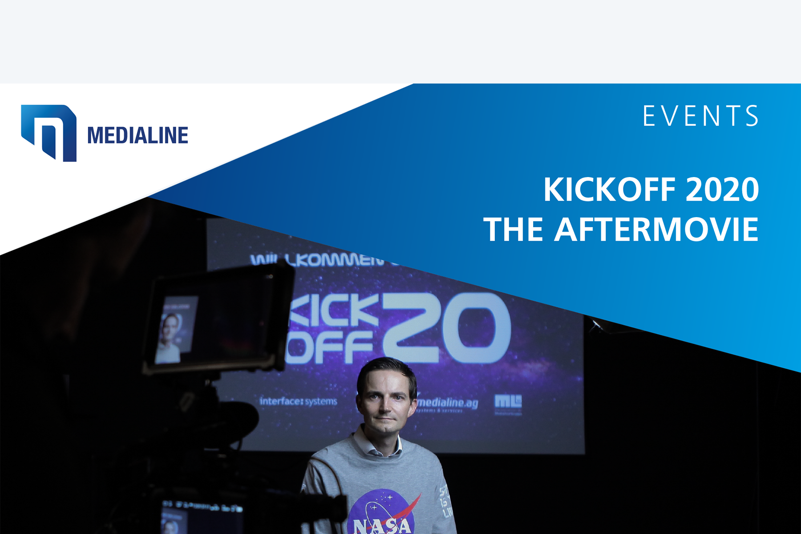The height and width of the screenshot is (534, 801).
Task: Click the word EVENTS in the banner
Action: [701, 117]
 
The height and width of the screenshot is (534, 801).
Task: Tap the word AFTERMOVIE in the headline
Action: [656, 230]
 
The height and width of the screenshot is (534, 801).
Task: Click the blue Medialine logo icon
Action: [49, 133]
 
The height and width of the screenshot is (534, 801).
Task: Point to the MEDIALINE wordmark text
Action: [138, 136]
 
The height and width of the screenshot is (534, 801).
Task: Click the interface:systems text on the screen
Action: [298, 401]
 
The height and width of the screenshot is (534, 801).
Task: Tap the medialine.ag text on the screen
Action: [447, 403]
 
